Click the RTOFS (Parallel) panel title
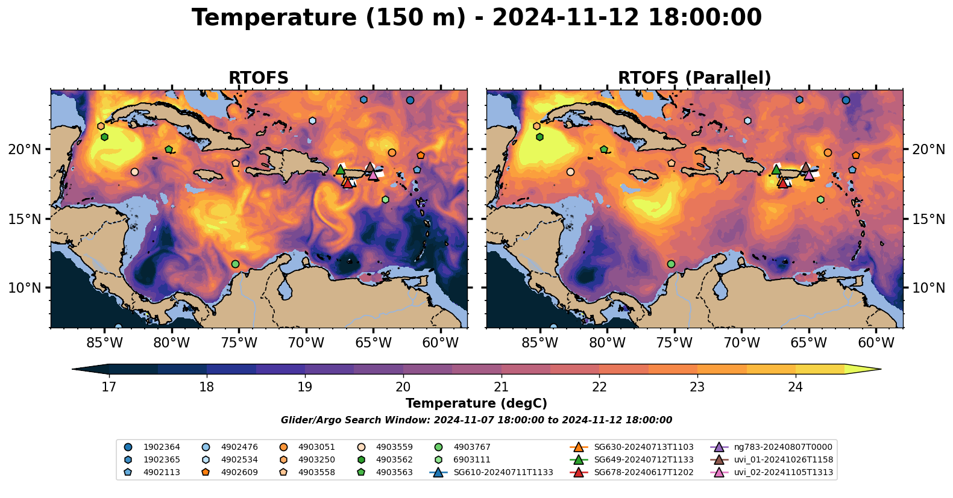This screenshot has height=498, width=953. [x=694, y=78]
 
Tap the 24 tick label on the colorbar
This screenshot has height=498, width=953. [x=795, y=387]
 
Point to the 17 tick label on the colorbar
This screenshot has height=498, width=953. [x=109, y=387]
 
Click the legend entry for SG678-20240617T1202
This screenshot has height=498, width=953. [x=632, y=472]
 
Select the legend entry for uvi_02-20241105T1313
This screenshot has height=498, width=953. [x=772, y=472]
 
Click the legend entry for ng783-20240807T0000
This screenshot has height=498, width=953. [x=772, y=447]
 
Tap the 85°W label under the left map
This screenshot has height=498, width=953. [x=104, y=342]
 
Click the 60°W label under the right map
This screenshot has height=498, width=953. [x=876, y=342]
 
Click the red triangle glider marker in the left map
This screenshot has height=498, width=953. [x=348, y=183]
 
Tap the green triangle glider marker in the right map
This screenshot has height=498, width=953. [x=776, y=170]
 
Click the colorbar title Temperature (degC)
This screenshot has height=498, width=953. [x=476, y=403]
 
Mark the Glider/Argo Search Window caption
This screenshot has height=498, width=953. [x=476, y=420]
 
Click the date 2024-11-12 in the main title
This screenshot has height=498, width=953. [x=566, y=18]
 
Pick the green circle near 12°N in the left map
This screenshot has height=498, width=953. [x=235, y=264]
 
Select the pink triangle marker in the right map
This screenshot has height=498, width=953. [x=809, y=175]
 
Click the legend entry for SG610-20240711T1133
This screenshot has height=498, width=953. [x=491, y=472]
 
